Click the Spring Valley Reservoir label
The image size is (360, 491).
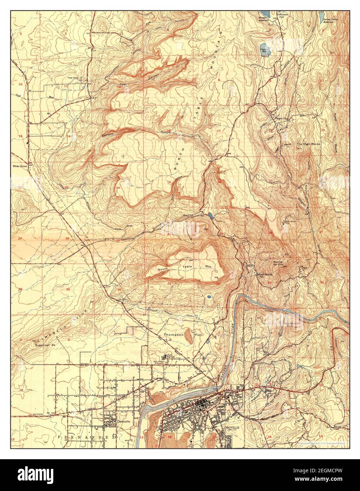(333, 20)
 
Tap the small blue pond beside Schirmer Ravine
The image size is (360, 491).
(211, 215)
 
